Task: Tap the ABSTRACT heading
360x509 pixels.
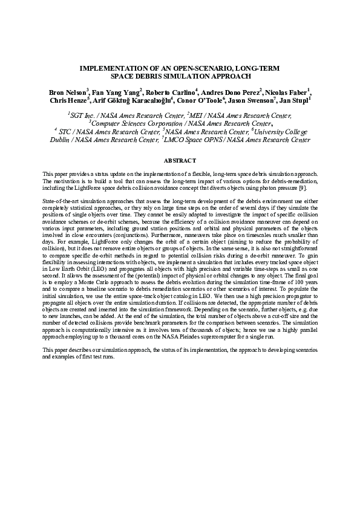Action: click(x=180, y=160)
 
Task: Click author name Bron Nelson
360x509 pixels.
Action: click(x=67, y=92)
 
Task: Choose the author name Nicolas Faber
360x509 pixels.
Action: click(x=287, y=92)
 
